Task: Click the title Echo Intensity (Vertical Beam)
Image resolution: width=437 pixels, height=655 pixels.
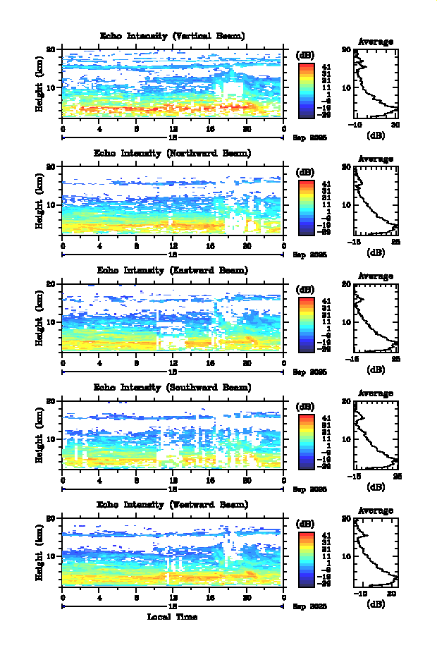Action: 173,35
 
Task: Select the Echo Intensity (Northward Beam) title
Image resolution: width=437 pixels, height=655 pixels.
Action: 173,152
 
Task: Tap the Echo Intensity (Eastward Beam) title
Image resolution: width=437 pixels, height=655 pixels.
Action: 173,270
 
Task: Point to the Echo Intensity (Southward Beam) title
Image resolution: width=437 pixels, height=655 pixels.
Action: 173,387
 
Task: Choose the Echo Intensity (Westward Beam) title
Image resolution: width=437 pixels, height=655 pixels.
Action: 173,504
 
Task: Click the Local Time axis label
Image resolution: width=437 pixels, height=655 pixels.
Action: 173,617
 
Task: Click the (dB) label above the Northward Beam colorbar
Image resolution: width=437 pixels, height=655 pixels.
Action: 306,171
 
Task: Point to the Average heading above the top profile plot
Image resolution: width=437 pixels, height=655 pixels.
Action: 376,42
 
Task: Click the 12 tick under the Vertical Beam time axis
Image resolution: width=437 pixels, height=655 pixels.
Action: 173,129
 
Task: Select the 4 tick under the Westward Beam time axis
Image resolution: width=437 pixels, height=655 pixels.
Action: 99,597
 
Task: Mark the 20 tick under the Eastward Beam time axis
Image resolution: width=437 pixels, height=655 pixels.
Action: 247,363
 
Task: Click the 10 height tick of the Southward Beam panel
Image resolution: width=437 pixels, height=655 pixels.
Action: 51,439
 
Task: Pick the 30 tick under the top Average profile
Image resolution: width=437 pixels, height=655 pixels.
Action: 395,125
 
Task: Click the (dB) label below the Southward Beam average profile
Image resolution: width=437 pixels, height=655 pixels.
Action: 376,486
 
